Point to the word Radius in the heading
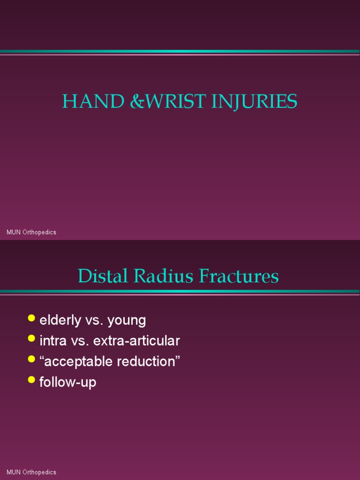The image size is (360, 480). pyautogui.click(x=164, y=276)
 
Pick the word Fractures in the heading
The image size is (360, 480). pyautogui.click(x=239, y=276)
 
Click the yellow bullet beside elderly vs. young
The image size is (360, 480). pyautogui.click(x=31, y=318)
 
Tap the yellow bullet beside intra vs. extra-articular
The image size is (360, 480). pyautogui.click(x=31, y=338)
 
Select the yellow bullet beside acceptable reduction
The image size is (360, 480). pyautogui.click(x=31, y=359)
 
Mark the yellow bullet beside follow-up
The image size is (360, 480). pyautogui.click(x=31, y=379)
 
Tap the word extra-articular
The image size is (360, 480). pyautogui.click(x=136, y=341)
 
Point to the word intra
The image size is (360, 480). pyautogui.click(x=53, y=341)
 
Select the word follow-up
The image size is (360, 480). pyautogui.click(x=68, y=382)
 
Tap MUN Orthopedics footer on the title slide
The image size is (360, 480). pyautogui.click(x=31, y=232)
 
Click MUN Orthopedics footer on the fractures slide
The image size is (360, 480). pyautogui.click(x=31, y=472)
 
